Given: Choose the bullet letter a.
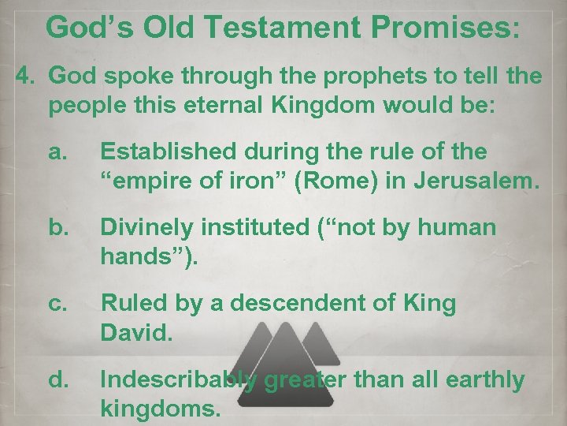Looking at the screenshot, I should coord(57,151).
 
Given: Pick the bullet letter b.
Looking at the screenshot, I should coord(57,228).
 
